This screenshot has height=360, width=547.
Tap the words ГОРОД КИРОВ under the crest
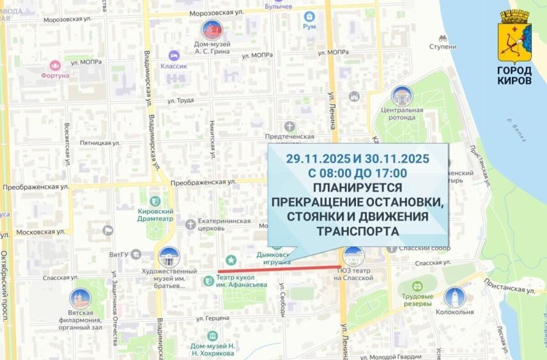click(514, 75)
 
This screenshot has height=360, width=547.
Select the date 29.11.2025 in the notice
click(316, 159)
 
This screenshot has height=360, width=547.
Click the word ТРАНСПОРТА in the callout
click(357, 230)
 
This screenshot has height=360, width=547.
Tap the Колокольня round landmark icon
click(454, 297)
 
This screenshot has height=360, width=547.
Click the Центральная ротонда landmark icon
click(402, 97)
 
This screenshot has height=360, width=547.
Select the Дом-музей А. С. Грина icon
click(212, 29)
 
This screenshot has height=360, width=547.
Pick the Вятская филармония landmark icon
click(80, 299)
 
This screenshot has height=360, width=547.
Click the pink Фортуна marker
click(55, 65)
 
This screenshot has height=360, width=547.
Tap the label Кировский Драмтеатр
click(156, 214)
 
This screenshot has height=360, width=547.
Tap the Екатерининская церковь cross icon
click(190, 224)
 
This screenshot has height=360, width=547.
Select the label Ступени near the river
click(442, 47)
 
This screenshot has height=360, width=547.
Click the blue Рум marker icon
click(310, 17)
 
